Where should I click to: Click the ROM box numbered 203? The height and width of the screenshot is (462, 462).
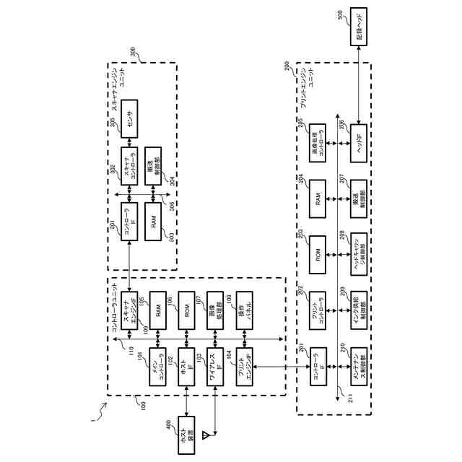click(x=317, y=253)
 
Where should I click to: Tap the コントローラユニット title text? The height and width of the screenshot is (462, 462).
click(x=115, y=315)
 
